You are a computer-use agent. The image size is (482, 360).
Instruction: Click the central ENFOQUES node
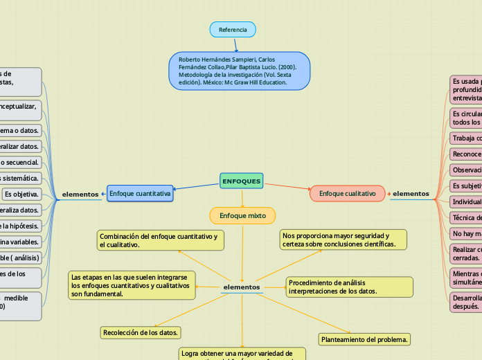[241, 181]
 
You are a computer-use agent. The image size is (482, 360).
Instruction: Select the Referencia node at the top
[233, 30]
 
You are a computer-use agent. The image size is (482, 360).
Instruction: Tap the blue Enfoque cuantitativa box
[140, 194]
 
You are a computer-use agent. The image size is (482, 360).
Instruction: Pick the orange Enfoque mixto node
[242, 215]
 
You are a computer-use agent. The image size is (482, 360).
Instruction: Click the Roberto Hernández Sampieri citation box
[239, 71]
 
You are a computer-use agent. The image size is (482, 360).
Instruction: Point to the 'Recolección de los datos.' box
[141, 332]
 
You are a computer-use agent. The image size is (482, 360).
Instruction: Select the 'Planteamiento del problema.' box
[365, 339]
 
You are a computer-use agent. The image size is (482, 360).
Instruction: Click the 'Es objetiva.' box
[21, 193]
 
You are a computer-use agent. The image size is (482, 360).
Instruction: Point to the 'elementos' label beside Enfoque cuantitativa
[80, 194]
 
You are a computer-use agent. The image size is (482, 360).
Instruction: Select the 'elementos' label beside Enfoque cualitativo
[411, 193]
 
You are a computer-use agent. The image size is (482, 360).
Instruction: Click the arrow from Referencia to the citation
[235, 44]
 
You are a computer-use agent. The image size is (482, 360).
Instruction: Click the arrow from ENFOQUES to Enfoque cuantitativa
[197, 187]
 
